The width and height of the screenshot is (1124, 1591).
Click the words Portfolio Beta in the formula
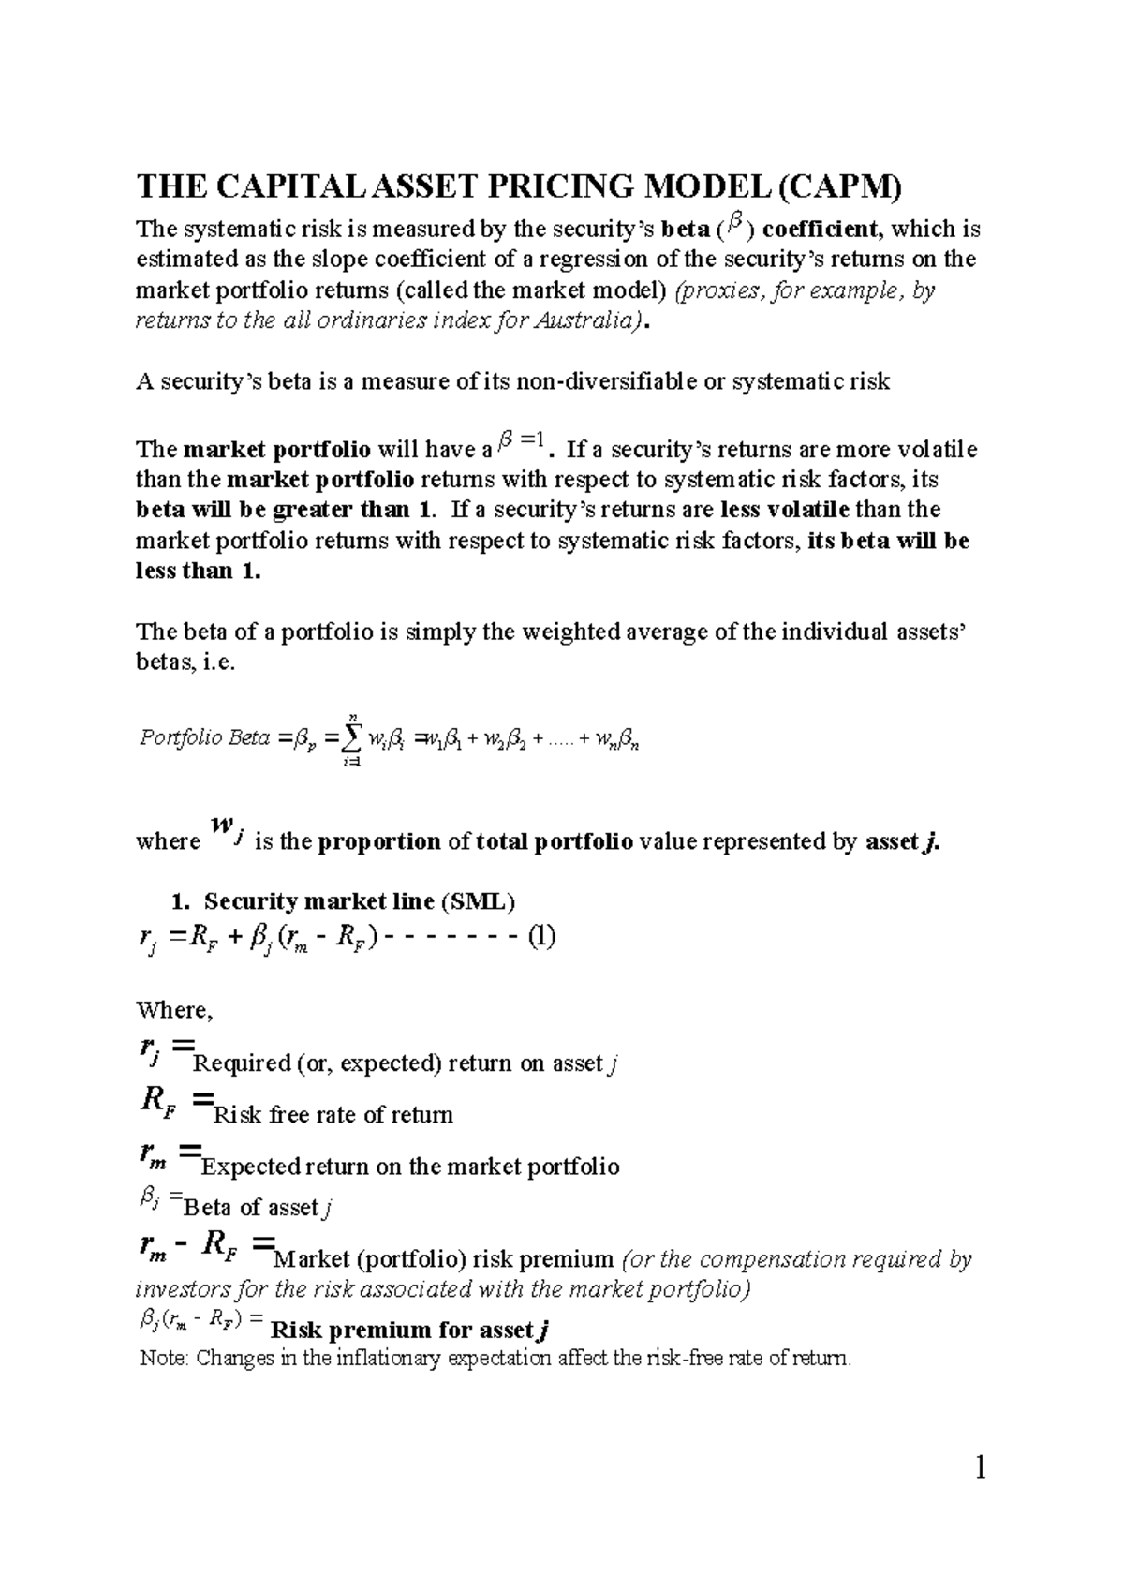(x=204, y=738)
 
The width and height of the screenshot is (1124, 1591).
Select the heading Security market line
(x=318, y=902)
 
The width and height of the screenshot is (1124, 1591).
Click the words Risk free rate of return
(x=333, y=1115)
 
